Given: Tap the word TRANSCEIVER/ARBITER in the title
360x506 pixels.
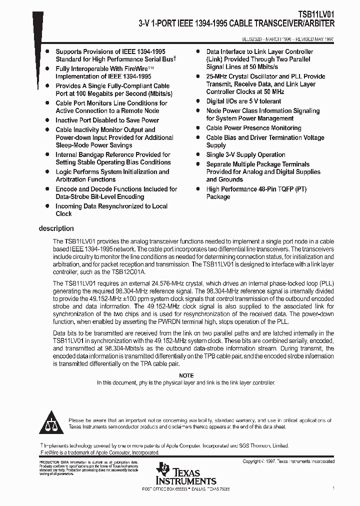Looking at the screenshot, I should tap(291, 23).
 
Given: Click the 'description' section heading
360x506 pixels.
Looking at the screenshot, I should tap(56, 229).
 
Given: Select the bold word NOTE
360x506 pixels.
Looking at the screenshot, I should tap(186, 375).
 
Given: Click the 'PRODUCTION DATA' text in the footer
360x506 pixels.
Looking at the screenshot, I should tap(53, 462).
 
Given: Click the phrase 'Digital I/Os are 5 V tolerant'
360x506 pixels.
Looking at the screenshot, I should tap(243, 101).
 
